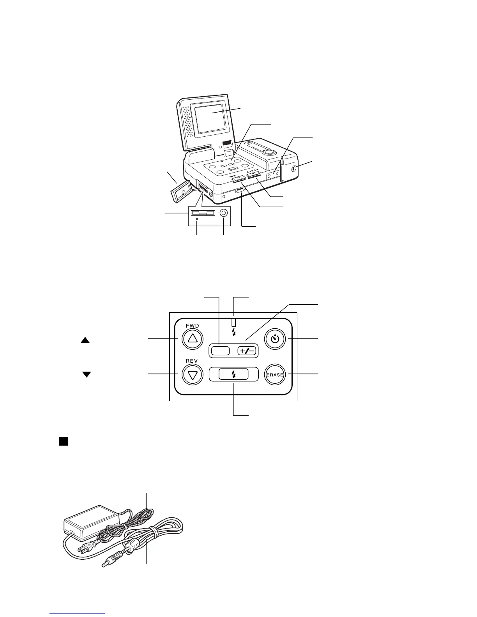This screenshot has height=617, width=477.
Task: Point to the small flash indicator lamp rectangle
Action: tap(233, 322)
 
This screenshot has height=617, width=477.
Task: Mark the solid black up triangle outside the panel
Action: tap(85, 340)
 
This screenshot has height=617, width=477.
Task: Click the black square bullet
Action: tap(64, 441)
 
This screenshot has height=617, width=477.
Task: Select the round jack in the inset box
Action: tap(223, 213)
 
